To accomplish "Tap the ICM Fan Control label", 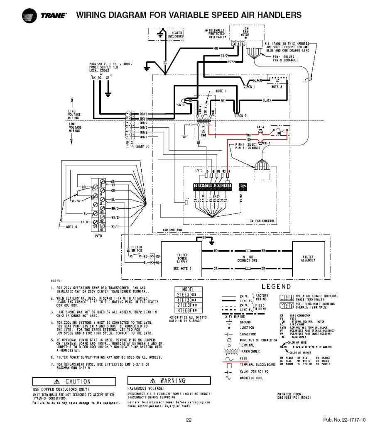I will pyautogui.click(x=260, y=220).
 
